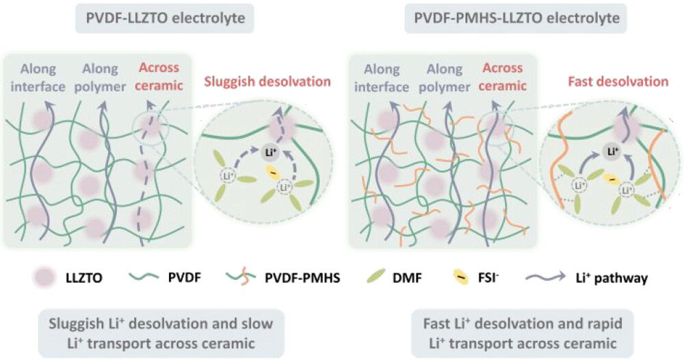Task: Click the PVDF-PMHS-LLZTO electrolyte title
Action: (516, 18)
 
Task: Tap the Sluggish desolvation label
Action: (267, 82)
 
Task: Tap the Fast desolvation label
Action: (618, 82)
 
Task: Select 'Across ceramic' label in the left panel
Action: (158, 76)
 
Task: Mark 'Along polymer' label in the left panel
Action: (101, 76)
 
